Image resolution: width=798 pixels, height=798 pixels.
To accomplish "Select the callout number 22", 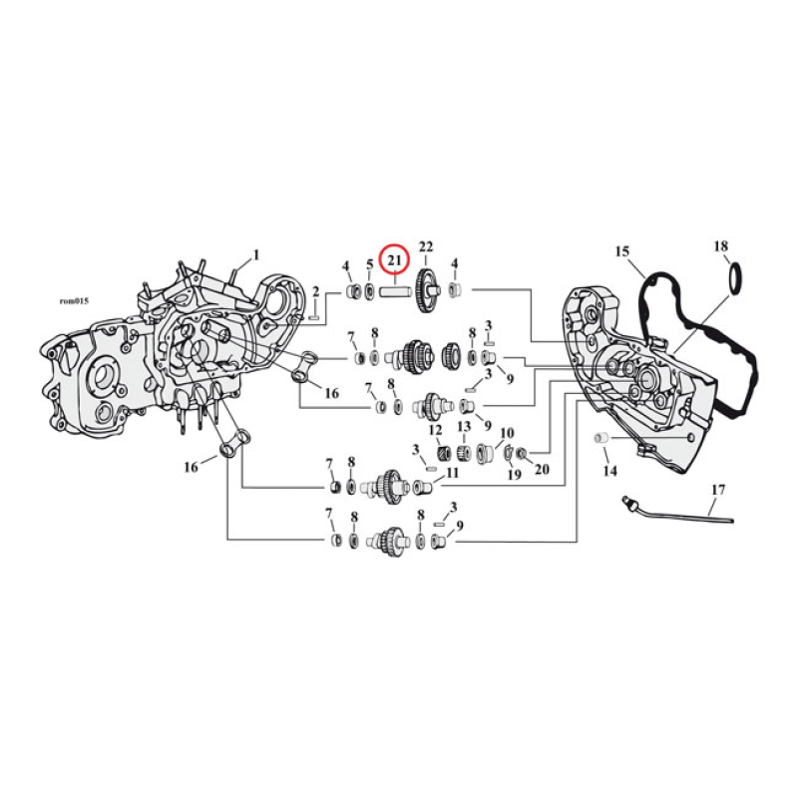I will click(x=426, y=247).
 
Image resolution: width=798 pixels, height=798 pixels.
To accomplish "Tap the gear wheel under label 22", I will click(x=428, y=290).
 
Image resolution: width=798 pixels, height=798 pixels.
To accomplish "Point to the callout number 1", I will click(x=255, y=254).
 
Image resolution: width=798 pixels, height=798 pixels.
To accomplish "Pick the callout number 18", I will click(x=721, y=245).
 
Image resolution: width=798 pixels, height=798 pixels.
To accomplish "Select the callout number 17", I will click(x=718, y=489).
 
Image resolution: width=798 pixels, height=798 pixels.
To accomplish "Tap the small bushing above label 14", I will click(x=601, y=439).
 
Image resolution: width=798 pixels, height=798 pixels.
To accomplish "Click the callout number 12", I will click(x=435, y=430).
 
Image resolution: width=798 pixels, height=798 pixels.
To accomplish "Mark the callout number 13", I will click(x=464, y=427).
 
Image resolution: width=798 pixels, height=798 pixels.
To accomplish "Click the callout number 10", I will click(x=507, y=433).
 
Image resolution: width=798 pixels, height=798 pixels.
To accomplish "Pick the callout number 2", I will click(x=316, y=291).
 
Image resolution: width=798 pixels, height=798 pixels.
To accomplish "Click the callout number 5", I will click(x=369, y=265).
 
